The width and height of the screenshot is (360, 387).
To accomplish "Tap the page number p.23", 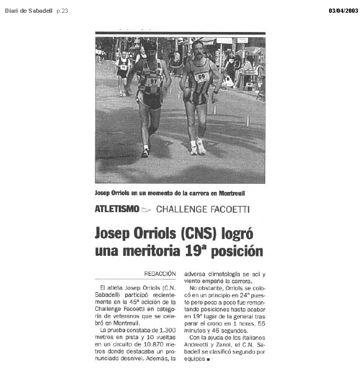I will (x=62, y=11).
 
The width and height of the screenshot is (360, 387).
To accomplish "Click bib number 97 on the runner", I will (x=153, y=81).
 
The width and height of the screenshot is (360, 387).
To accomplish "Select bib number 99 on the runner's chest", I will (x=201, y=76).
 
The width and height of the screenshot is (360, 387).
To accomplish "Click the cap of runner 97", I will (x=151, y=46).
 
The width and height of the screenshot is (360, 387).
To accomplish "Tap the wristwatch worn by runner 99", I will (x=215, y=92).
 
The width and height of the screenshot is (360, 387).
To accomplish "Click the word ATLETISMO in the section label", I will (x=117, y=209).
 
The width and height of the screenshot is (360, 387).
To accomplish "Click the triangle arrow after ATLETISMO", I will (x=146, y=209).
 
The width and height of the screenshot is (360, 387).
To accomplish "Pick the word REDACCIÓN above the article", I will (x=160, y=273).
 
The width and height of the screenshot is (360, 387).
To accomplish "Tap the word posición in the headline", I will (x=237, y=251).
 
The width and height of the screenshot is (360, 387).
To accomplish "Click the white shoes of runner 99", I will (x=198, y=148).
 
